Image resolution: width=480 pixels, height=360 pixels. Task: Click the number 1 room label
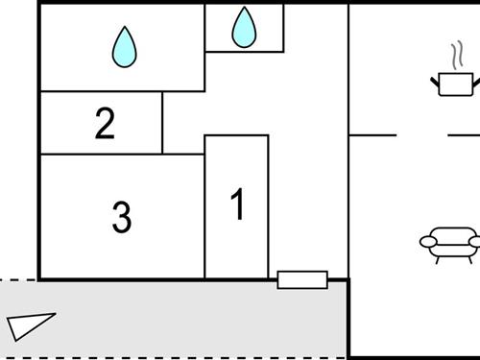tap(237, 204)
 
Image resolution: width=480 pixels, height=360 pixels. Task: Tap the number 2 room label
tap(105, 123)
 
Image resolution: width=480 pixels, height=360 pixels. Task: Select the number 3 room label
tap(121, 217)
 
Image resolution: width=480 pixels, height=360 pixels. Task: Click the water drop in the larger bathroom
tap(123, 47)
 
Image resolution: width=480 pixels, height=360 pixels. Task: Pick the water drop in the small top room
tap(244, 28)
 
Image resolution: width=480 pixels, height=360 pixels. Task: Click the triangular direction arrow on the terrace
tap(30, 324)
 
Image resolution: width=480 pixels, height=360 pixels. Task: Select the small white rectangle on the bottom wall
tap(302, 280)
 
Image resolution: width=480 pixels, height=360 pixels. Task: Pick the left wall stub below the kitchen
tap(372, 135)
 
